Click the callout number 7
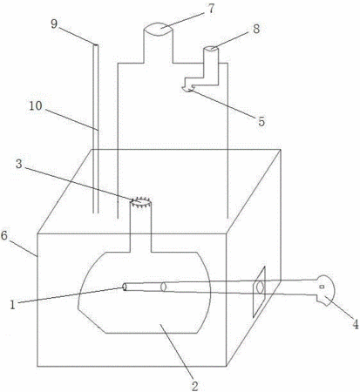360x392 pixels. coord(211,9)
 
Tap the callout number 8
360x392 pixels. coord(256,29)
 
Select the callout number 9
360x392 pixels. coord(54,24)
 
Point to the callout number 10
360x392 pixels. coord(36,106)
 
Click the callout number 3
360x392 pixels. coord(19,164)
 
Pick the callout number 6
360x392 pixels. coord(4,235)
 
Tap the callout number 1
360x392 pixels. coord(12,305)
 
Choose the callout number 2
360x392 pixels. coord(194,386)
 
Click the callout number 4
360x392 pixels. coord(356,324)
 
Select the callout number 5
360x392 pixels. coord(262,122)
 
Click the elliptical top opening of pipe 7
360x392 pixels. coord(159,30)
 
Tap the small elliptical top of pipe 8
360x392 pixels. coord(211,49)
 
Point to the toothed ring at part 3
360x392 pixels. coord(140,201)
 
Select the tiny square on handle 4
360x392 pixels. coord(322,287)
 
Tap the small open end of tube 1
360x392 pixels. coord(125,287)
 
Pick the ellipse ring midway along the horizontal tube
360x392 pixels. coord(163,287)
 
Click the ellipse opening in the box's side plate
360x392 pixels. coord(260,287)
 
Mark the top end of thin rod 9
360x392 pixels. coord(95,44)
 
